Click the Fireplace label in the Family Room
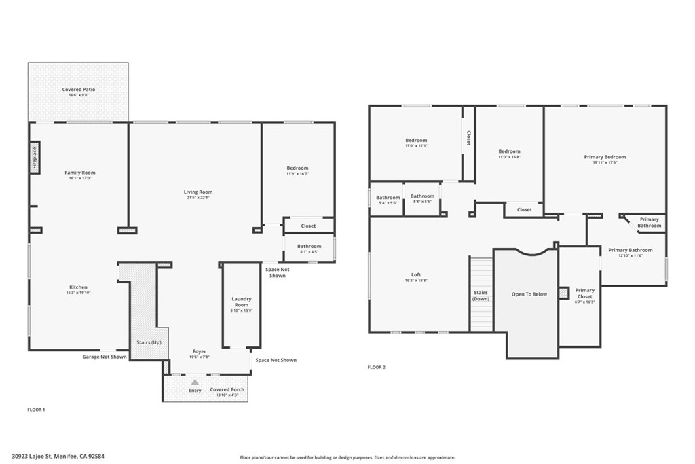pyautogui.click(x=35, y=158)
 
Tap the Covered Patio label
pyautogui.click(x=78, y=90)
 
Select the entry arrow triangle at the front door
pyautogui.click(x=195, y=382)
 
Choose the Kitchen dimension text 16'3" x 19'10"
pyautogui.click(x=78, y=293)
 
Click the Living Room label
pyautogui.click(x=198, y=192)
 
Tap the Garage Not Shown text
pyautogui.click(x=105, y=356)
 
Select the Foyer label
pyautogui.click(x=198, y=351)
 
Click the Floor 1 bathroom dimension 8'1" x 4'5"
pyautogui.click(x=308, y=252)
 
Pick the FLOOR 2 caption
pyautogui.click(x=376, y=368)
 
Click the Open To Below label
pyautogui.click(x=529, y=294)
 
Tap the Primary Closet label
pyautogui.click(x=584, y=293)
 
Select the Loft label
pyautogui.click(x=417, y=274)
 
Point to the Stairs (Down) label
pyautogui.click(x=481, y=295)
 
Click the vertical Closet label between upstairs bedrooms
pyautogui.click(x=468, y=138)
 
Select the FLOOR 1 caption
pyautogui.click(x=35, y=410)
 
